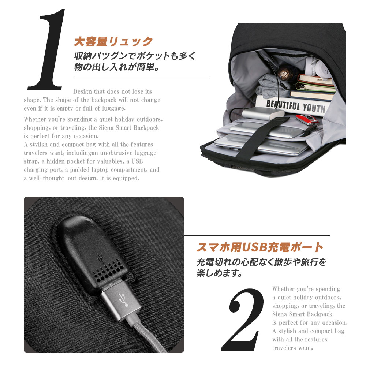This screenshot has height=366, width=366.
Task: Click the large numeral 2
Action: tap(243, 319)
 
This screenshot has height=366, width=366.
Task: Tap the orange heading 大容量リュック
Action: tap(113, 42)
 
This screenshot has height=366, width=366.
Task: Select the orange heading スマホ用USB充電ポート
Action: tap(260, 247)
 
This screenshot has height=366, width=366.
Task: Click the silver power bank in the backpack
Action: tap(263, 113)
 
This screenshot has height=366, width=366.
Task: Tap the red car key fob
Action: tap(307, 119)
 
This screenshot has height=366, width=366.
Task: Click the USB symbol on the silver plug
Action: tap(123, 300)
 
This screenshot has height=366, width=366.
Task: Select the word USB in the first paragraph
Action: tap(137, 161)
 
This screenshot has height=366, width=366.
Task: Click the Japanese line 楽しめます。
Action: tap(219, 273)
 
